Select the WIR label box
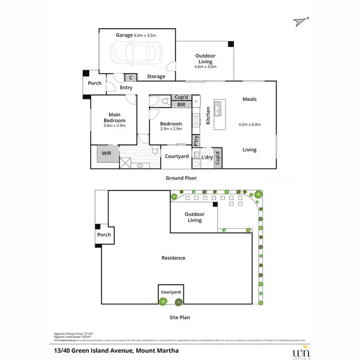[106, 154]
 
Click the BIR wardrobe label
[181, 104]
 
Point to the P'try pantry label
[196, 141]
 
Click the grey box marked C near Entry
[130, 77]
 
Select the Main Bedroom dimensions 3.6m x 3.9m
[114, 126]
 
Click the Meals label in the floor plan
[250, 99]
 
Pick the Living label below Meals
[250, 150]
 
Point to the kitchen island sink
[219, 109]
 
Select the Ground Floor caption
[181, 178]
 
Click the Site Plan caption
[179, 317]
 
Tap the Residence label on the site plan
[173, 258]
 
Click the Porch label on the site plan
[104, 235]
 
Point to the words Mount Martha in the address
[156, 350]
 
